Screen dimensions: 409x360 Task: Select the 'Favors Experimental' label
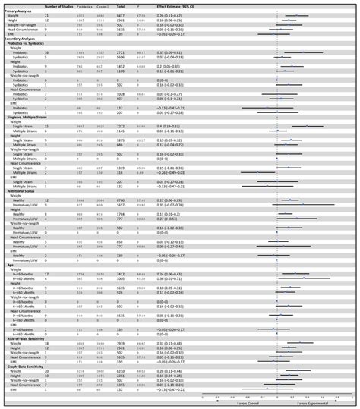(x=311, y=404)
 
